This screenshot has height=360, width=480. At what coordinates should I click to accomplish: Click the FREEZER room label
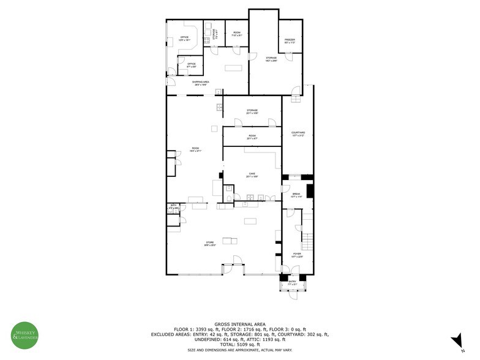pyautogui.click(x=290, y=41)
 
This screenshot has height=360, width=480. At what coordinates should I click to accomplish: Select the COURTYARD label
pyautogui.click(x=298, y=134)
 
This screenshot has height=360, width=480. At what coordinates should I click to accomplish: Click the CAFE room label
pyautogui.click(x=252, y=174)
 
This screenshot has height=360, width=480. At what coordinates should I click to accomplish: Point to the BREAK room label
pyautogui.click(x=296, y=195)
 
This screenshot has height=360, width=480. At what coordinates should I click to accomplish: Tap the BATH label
pyautogui.click(x=173, y=207)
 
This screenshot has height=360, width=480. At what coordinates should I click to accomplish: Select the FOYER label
pyautogui.click(x=297, y=255)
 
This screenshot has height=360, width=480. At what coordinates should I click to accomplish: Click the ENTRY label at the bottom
pyautogui.click(x=292, y=282)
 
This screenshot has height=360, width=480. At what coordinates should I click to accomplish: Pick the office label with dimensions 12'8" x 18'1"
pyautogui.click(x=184, y=39)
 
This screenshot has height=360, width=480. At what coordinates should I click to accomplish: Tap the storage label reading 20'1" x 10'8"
pyautogui.click(x=252, y=111)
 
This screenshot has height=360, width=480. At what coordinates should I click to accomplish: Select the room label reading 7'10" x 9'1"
pyautogui.click(x=236, y=34)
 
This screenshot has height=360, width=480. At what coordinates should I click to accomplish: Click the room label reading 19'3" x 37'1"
pyautogui.click(x=195, y=149)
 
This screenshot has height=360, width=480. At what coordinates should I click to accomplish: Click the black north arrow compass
pyautogui.click(x=456, y=340)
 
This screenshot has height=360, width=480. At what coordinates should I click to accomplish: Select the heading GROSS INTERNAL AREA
pyautogui.click(x=239, y=324)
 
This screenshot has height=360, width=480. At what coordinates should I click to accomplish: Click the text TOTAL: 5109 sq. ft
pyautogui.click(x=239, y=344)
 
